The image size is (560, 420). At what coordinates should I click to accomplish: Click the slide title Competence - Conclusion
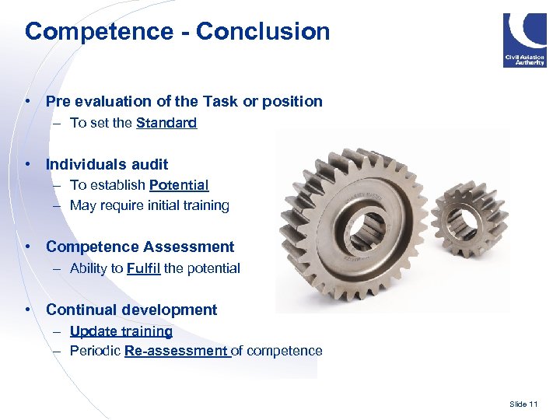pos(177,32)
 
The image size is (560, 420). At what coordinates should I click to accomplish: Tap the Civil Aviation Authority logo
pos(524,40)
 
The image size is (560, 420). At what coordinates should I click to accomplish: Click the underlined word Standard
pos(166,123)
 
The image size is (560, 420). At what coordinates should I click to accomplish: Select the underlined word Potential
pos(179,185)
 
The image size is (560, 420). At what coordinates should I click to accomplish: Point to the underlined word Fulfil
pos(143,268)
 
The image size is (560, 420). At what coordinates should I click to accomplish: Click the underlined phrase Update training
pos(121,331)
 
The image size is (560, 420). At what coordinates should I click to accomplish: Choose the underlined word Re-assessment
pos(176,351)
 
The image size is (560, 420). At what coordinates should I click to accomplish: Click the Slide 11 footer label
pos(523,404)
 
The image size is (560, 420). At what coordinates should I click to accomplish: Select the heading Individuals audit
pos(107,164)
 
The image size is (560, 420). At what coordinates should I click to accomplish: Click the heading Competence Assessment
pos(140,247)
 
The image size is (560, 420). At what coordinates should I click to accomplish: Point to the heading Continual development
pos(131,310)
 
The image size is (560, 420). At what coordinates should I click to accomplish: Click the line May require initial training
pos(149,205)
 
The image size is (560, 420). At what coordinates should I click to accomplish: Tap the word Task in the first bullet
pos(220,101)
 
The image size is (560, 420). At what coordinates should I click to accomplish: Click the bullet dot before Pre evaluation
pos(27,101)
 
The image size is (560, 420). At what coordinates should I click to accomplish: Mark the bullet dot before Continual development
pos(27,310)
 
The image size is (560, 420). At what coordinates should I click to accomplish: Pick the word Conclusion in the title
pos(263,32)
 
